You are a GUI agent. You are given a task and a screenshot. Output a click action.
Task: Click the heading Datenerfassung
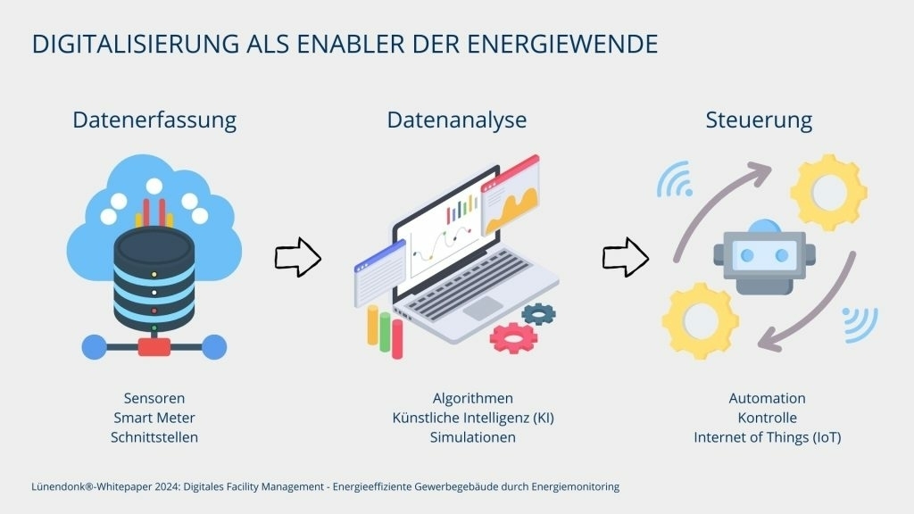pyautogui.click(x=154, y=120)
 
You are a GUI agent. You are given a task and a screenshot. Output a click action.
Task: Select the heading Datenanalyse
pyautogui.click(x=457, y=120)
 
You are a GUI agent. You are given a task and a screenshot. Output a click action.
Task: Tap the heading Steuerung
pyautogui.click(x=759, y=120)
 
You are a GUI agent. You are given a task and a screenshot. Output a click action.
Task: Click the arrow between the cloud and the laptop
pyautogui.click(x=298, y=257)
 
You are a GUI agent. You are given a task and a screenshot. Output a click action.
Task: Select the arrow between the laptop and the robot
pyautogui.click(x=626, y=257)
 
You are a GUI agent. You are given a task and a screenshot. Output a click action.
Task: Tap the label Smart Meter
pyautogui.click(x=154, y=418)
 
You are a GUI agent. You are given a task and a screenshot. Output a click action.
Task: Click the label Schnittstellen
pyautogui.click(x=154, y=437)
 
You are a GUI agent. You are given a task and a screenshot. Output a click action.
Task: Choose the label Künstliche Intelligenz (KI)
pyautogui.click(x=473, y=418)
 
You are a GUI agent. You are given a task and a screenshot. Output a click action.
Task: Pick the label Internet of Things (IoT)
pyautogui.click(x=767, y=437)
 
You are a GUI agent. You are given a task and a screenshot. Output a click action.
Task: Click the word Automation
pyautogui.click(x=767, y=399)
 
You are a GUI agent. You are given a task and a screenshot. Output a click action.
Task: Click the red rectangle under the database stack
pyautogui.click(x=154, y=347)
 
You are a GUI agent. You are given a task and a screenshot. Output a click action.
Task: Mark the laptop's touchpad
pyautogui.click(x=483, y=308)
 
